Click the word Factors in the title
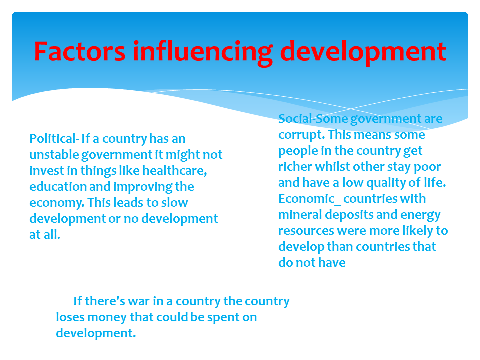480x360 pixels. (80, 51)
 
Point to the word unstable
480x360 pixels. (54, 154)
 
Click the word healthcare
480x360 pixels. (175, 171)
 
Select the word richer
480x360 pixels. (295, 167)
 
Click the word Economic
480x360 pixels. (306, 198)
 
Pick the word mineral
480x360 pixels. (300, 214)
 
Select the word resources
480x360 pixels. (306, 231)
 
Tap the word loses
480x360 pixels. (70, 317)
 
